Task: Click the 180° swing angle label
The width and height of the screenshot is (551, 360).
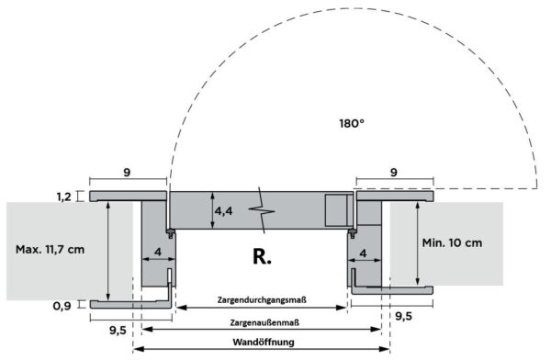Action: coord(352,123)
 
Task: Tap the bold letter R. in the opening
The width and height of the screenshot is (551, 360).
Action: coord(262,256)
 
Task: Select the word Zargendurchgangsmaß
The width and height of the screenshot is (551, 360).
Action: coord(262,300)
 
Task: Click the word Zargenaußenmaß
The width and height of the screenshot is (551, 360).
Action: coord(264,322)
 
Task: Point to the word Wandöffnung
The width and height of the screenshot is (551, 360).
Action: coord(264,342)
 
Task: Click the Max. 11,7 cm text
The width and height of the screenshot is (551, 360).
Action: coord(50,250)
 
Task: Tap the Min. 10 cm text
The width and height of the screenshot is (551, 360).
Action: coord(452,242)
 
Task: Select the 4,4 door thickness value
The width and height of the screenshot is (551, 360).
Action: coord(223,211)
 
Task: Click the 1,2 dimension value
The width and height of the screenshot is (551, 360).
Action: coord(64,197)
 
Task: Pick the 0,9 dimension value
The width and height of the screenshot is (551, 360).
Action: coord(62,306)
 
